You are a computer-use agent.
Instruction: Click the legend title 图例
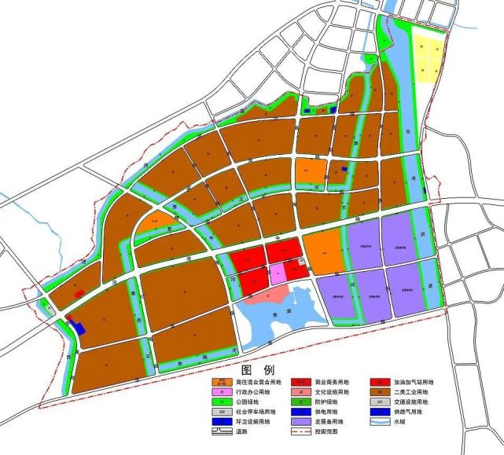tap(258, 369)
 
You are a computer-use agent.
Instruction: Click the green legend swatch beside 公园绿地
tap(223, 402)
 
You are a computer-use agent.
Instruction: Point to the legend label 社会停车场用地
tap(256, 412)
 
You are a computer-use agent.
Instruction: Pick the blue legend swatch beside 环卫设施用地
tap(223, 422)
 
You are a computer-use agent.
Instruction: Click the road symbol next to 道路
tap(223, 432)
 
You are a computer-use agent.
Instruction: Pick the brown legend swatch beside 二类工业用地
tap(378, 391)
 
